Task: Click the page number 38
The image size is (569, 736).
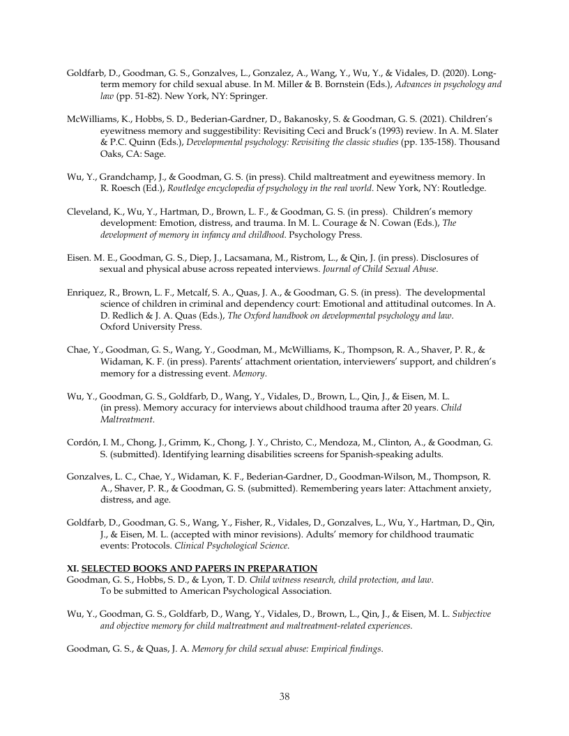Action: pyautogui.click(x=284, y=696)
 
